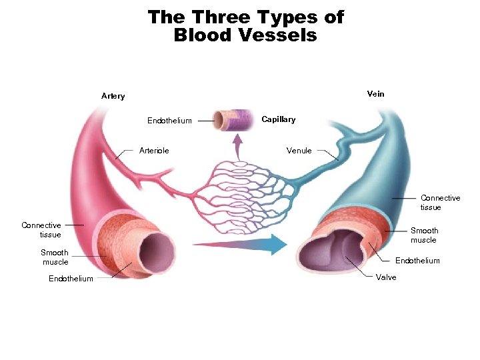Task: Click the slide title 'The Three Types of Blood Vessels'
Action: (x=245, y=26)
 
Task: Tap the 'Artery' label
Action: (x=113, y=96)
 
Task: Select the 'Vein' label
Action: (x=375, y=94)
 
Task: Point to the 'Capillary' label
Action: (x=278, y=119)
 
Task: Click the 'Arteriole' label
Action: (x=154, y=151)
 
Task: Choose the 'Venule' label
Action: (x=299, y=151)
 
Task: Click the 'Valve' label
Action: (x=386, y=277)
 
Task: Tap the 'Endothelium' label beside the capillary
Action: (x=169, y=121)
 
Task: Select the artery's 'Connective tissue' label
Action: (x=41, y=230)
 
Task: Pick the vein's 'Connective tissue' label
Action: (x=440, y=203)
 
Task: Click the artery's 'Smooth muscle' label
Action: (x=55, y=257)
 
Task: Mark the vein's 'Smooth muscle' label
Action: (x=424, y=235)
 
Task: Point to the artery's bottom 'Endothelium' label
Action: (x=71, y=279)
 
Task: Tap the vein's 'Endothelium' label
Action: (x=417, y=261)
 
